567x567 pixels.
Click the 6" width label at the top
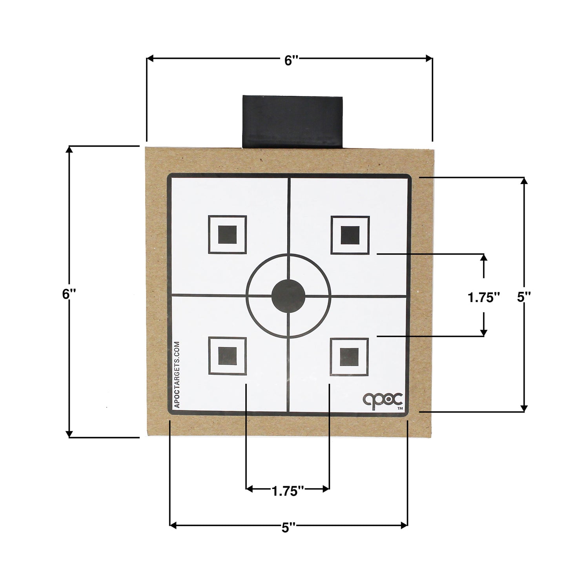pos(291,60)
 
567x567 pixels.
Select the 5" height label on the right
pos(524,297)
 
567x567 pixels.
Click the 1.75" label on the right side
pos(484,297)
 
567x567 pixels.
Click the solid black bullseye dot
pos(288,296)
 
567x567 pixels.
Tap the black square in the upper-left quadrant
pos(227,235)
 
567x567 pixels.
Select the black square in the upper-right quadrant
pos(350,235)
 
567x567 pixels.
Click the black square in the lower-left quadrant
pos(228,356)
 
